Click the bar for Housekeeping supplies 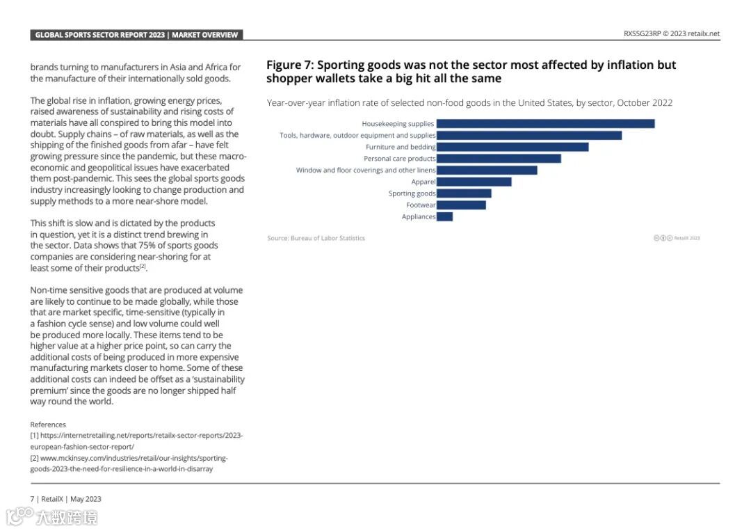pyautogui.click(x=545, y=124)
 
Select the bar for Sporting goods pyautogui.click(x=464, y=193)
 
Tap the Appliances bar pyautogui.click(x=444, y=216)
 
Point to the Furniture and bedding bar pyautogui.click(x=512, y=147)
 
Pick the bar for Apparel pyautogui.click(x=474, y=182)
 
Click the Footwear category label pyautogui.click(x=421, y=205)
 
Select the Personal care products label pyautogui.click(x=399, y=159)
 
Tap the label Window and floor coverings pyautogui.click(x=366, y=171)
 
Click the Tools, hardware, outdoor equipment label pyautogui.click(x=357, y=136)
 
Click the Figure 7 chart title pyautogui.click(x=471, y=72)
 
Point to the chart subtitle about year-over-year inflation pyautogui.click(x=469, y=103)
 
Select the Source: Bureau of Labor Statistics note pyautogui.click(x=316, y=238)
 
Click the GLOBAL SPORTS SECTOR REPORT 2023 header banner pyautogui.click(x=136, y=35)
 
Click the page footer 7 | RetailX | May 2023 pyautogui.click(x=65, y=499)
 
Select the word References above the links pyautogui.click(x=48, y=425)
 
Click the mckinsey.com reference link pyautogui.click(x=129, y=463)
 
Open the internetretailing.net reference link pyautogui.click(x=136, y=441)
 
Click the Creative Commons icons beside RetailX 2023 pyautogui.click(x=663, y=238)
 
